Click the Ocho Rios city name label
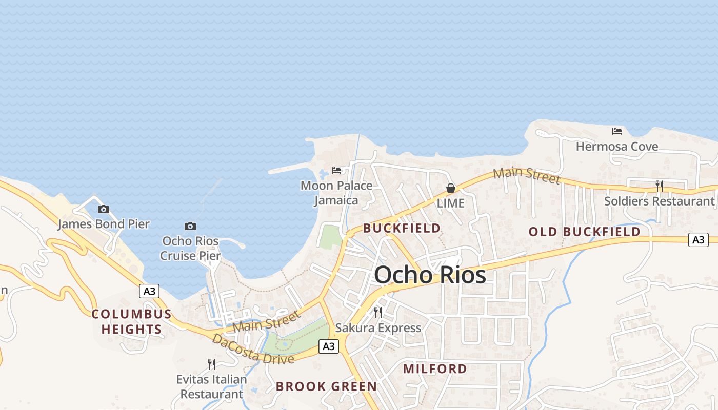click(x=430, y=275)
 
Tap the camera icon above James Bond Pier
click(x=104, y=209)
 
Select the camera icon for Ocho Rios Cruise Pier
click(x=190, y=226)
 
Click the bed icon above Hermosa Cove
click(x=617, y=131)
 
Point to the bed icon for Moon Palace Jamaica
click(x=336, y=170)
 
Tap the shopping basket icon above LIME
click(x=451, y=188)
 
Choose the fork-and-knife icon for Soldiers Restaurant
click(x=660, y=186)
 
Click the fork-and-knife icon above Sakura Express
click(x=378, y=312)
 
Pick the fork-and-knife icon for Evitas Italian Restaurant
click(x=211, y=364)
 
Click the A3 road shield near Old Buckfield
click(x=698, y=239)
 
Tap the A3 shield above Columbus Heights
click(x=149, y=291)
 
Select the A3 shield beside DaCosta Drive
click(x=329, y=346)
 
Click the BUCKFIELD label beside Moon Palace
click(x=402, y=228)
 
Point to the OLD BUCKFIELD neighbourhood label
click(x=584, y=232)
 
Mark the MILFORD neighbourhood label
click(x=435, y=368)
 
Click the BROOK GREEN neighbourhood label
click(x=326, y=386)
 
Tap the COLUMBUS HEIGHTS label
click(x=131, y=321)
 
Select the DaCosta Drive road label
click(x=253, y=348)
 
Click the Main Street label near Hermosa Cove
click(x=527, y=175)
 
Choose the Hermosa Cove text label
click(x=617, y=147)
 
